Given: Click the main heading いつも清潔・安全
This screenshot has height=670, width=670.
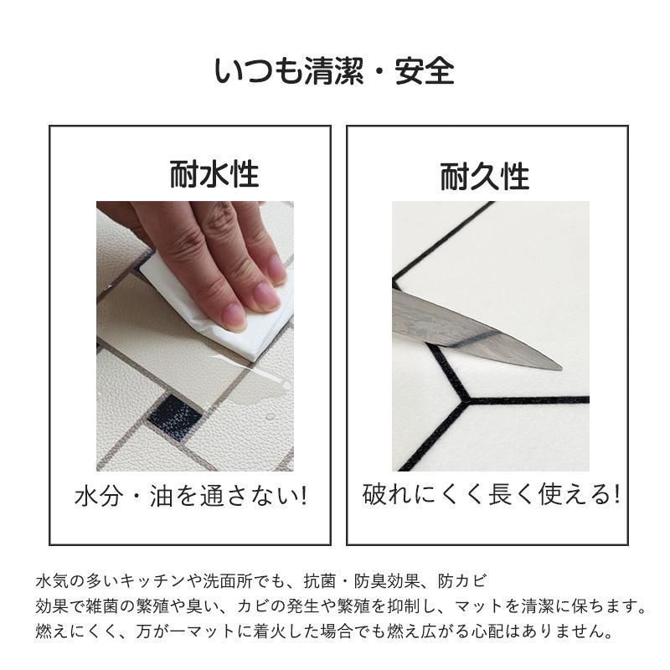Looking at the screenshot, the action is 333,71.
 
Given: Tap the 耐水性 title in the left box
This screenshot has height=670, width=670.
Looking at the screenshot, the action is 214,174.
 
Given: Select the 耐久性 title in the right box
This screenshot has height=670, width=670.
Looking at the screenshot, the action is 485,176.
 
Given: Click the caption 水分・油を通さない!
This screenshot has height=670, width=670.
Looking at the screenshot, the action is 191,496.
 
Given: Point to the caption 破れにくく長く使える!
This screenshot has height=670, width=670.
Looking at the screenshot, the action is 492,494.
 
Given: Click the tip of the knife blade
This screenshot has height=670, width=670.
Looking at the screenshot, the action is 561,368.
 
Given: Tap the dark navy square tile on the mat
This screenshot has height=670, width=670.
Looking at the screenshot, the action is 174,415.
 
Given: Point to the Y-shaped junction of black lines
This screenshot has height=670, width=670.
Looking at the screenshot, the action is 468,400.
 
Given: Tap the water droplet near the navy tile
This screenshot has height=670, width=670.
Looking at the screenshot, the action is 270,416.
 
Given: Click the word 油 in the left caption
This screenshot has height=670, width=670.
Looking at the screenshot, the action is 161,496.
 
